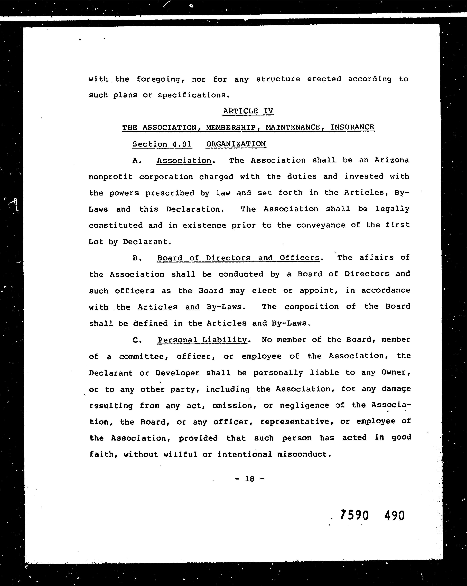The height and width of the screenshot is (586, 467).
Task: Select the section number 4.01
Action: [182, 144]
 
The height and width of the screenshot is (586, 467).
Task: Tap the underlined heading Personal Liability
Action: [202, 340]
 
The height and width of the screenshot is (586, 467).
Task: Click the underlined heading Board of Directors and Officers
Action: [238, 258]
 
